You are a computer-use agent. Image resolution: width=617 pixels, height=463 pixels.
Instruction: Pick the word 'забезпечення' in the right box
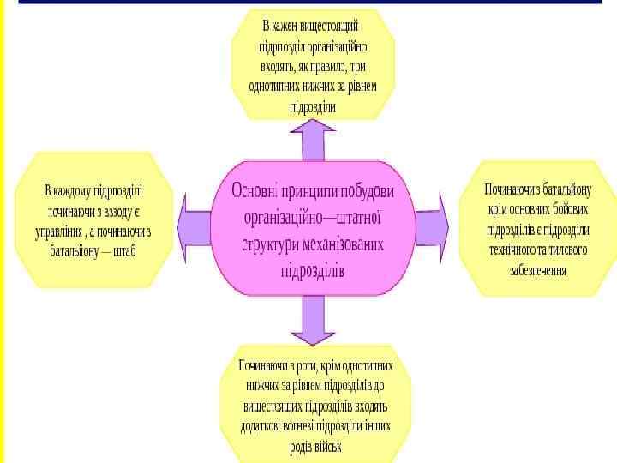coord(537,269)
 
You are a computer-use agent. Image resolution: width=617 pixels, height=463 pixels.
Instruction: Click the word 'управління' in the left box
coord(63,231)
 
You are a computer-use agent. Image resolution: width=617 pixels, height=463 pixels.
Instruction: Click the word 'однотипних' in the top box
coord(277,87)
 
